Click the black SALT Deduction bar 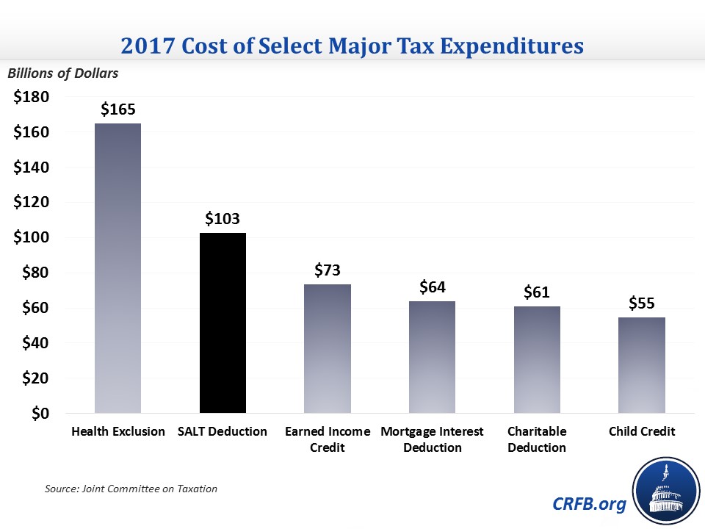tap(223, 323)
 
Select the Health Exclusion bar tap(117, 268)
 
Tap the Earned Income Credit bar tap(328, 349)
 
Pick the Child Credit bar tap(642, 365)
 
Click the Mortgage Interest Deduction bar tap(433, 357)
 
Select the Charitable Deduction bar tap(537, 360)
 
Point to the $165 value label tap(118, 109)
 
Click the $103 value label tap(223, 218)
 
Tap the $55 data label tap(642, 303)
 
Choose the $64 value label tap(433, 287)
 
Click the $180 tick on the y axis tap(31, 97)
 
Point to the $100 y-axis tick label tap(31, 237)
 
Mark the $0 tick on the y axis tap(40, 414)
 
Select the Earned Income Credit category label tap(328, 439)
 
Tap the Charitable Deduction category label tap(537, 439)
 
